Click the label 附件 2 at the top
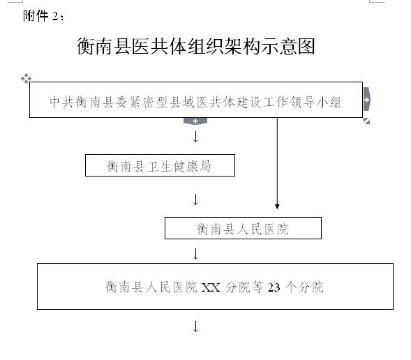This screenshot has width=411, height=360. [x=43, y=16]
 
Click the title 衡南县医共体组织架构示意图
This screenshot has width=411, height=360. [x=196, y=46]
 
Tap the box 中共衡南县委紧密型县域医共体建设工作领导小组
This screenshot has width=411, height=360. [x=196, y=100]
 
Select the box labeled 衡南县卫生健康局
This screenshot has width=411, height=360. [x=160, y=165]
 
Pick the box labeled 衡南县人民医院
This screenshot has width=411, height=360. [x=243, y=228]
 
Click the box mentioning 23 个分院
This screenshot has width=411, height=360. [x=215, y=286]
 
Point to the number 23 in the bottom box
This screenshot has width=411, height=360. [x=274, y=287]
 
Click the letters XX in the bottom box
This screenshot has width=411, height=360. [x=211, y=287]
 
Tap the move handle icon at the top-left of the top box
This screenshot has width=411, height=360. [x=27, y=78]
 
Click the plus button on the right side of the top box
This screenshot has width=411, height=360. [x=367, y=100]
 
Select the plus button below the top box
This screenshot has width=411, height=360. [x=195, y=121]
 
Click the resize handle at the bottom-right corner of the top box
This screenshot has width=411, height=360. [x=367, y=121]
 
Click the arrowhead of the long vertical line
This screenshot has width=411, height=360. [x=277, y=207]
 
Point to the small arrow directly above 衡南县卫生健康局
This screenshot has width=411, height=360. [x=195, y=137]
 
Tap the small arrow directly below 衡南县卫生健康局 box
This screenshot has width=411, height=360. [x=195, y=200]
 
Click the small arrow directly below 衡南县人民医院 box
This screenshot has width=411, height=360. [x=195, y=254]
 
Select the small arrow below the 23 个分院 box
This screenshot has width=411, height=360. [x=195, y=327]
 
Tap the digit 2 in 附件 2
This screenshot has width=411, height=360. [x=55, y=17]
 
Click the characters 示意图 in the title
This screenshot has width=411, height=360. [x=288, y=46]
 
